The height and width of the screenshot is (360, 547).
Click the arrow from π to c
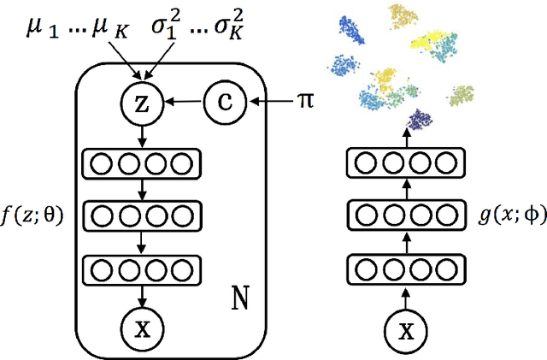point(271,103)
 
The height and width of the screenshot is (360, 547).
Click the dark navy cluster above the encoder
point(420,120)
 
